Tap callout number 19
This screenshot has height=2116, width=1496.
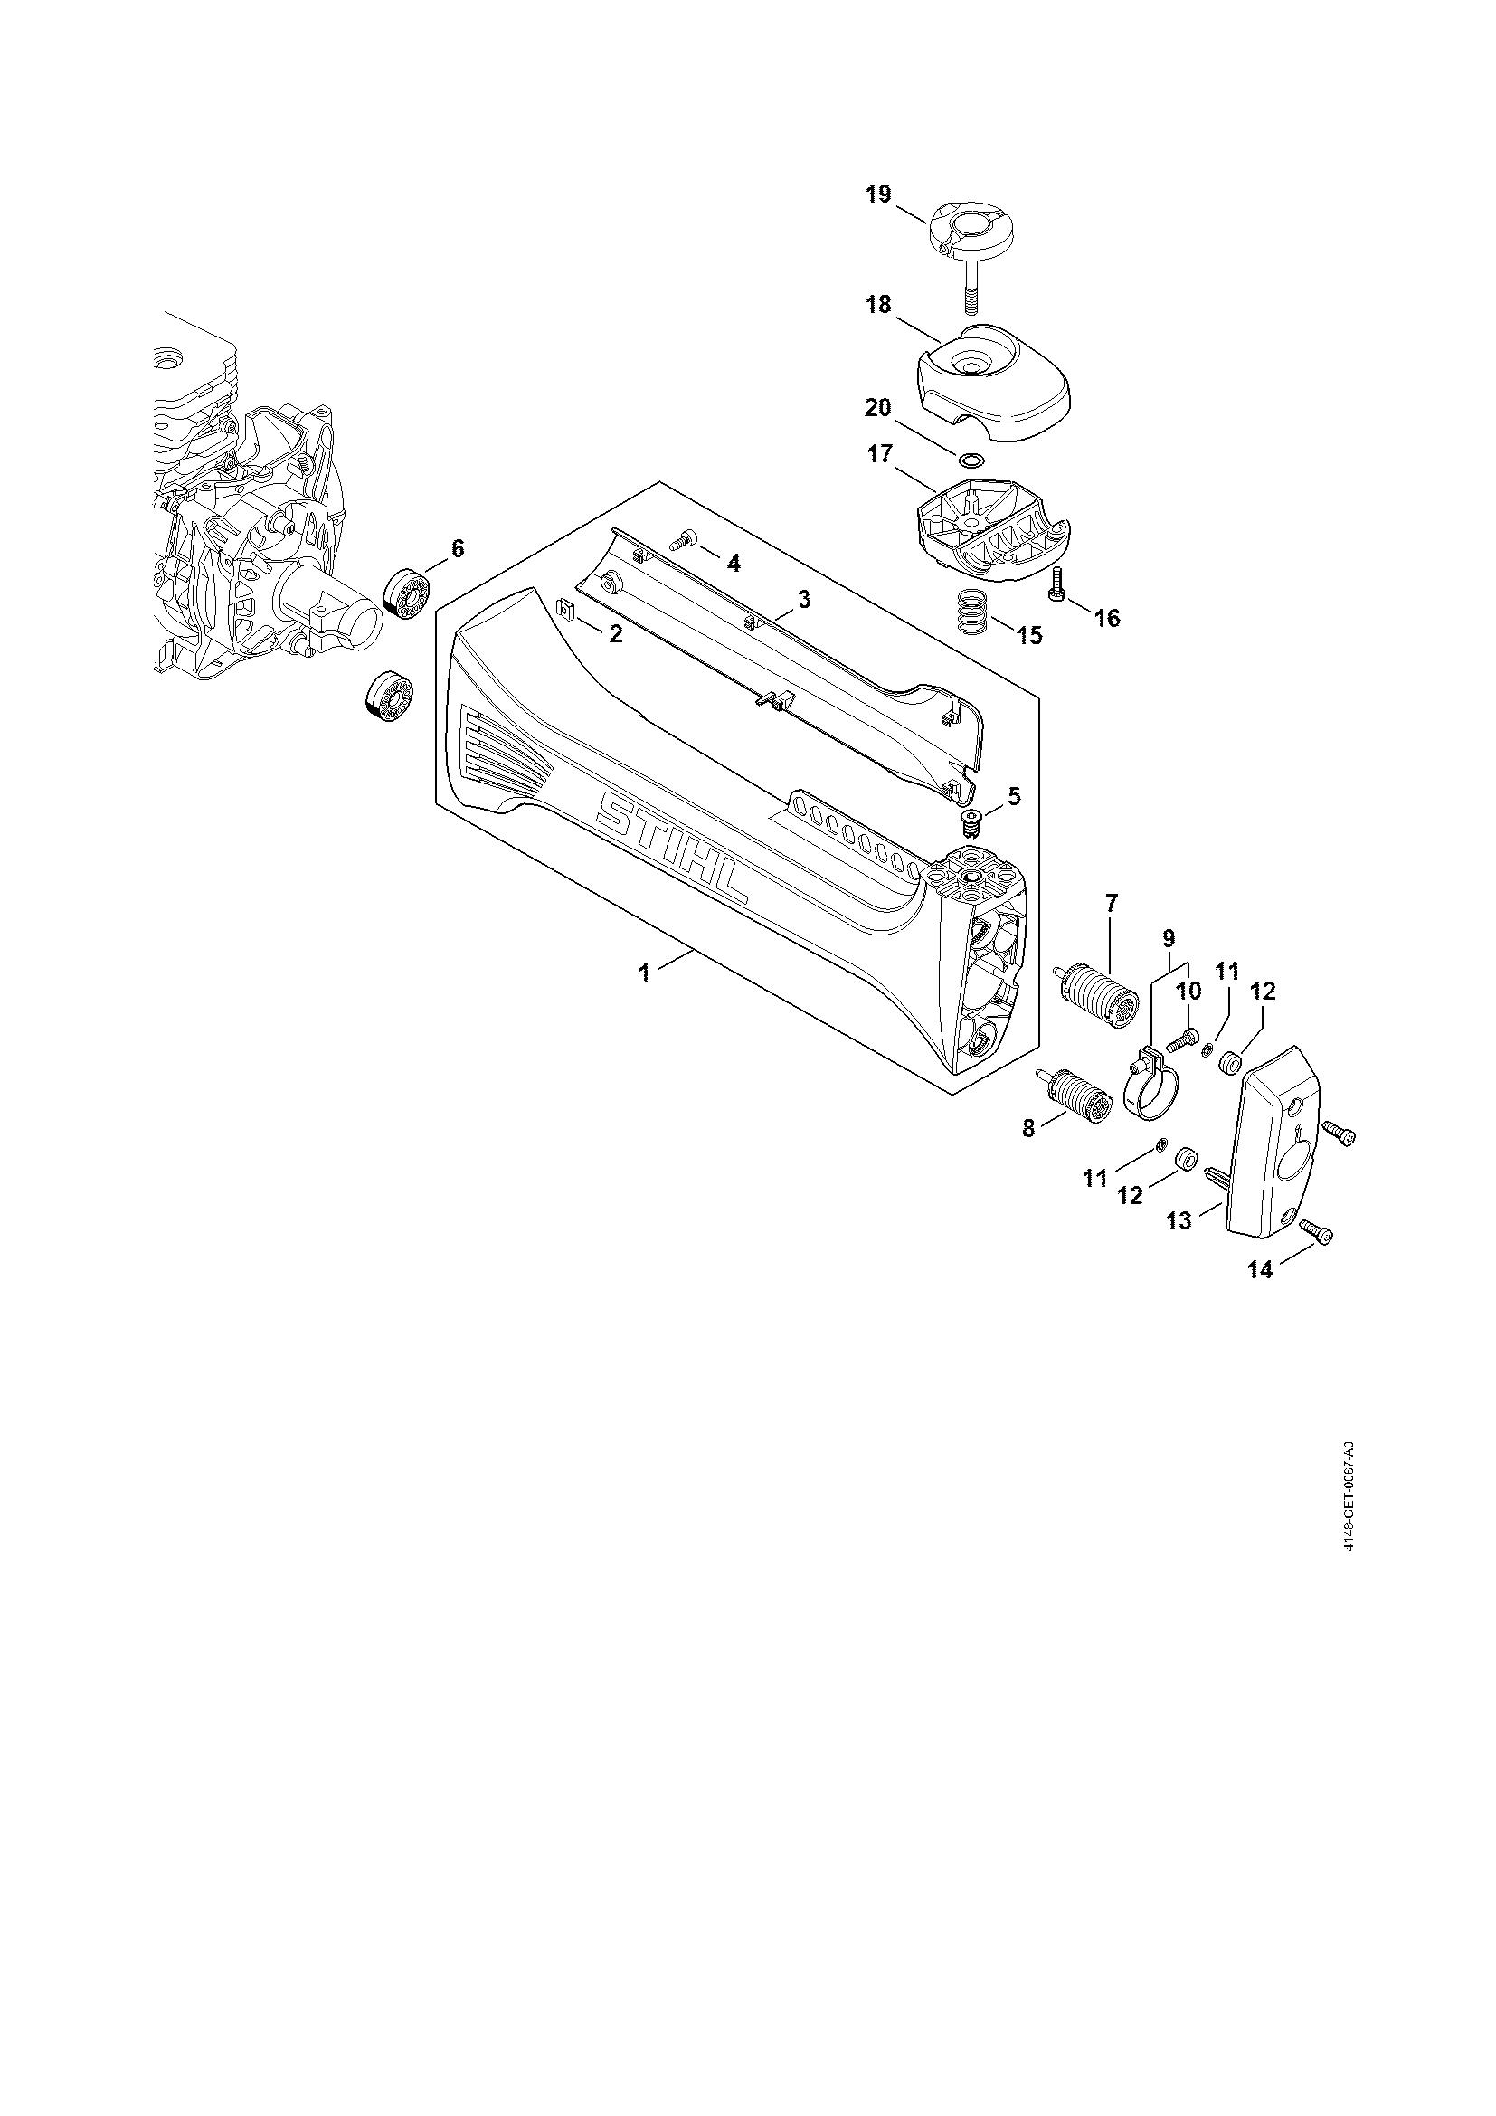pyautogui.click(x=878, y=195)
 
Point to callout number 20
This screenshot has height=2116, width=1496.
pyautogui.click(x=878, y=406)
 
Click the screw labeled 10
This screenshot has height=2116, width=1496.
pyautogui.click(x=1182, y=1042)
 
